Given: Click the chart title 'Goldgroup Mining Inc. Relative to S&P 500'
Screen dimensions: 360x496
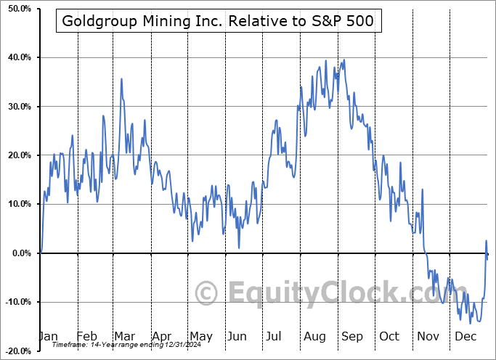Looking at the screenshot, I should point(219,21).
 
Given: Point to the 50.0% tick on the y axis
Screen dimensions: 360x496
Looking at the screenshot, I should point(16,9).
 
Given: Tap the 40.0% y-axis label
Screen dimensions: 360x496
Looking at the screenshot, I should point(16,57).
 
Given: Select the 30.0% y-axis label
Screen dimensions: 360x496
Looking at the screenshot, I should point(16,107).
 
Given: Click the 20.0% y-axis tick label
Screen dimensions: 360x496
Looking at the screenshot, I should point(16,155).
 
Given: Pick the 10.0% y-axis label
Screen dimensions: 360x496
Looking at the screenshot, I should point(16,204).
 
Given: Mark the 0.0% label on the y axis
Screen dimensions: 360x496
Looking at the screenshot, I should point(18,253).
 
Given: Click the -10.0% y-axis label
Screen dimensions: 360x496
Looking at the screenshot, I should point(15,302).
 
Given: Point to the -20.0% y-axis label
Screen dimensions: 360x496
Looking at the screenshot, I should point(15,351).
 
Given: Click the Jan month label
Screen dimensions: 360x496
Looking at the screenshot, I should point(47,337).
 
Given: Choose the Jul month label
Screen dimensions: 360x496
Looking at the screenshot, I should point(275,337).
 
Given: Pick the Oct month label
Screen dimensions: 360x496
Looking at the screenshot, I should point(389,337).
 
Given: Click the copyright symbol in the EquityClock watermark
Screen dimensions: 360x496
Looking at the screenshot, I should point(208,293).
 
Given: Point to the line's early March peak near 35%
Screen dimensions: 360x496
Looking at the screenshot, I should point(121,79).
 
